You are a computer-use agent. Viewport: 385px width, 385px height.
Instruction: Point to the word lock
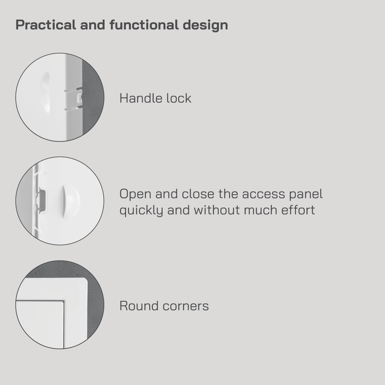pos(178,98)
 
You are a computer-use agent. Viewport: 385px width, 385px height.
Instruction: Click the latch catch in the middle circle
pos(40,201)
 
